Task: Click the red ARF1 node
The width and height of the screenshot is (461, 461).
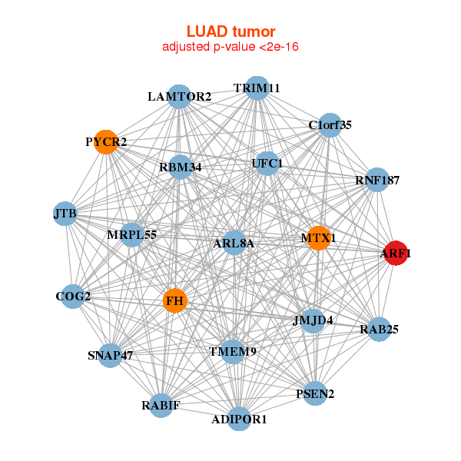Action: [395, 254]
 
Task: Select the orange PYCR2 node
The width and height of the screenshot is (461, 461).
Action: [105, 142]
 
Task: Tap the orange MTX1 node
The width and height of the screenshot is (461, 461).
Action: [318, 237]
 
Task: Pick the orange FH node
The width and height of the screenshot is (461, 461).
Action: [174, 301]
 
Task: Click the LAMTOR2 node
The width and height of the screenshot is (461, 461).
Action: [178, 96]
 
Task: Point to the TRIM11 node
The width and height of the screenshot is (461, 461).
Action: [257, 88]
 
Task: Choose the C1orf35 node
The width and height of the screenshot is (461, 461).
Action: [330, 125]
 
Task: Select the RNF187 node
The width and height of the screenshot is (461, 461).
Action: [376, 180]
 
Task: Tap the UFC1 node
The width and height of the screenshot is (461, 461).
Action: [267, 163]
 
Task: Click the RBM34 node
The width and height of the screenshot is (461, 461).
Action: [180, 167]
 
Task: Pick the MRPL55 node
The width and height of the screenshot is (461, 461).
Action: [132, 234]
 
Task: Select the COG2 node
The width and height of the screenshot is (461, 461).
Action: [73, 296]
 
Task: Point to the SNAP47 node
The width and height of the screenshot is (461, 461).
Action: [111, 355]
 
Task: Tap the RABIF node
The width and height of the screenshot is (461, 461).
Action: [161, 405]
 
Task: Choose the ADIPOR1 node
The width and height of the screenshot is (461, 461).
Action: [240, 419]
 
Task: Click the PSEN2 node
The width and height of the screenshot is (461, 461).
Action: [315, 394]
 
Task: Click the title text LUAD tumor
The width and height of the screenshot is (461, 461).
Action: [230, 32]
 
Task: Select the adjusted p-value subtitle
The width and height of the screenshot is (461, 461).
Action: [230, 47]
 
